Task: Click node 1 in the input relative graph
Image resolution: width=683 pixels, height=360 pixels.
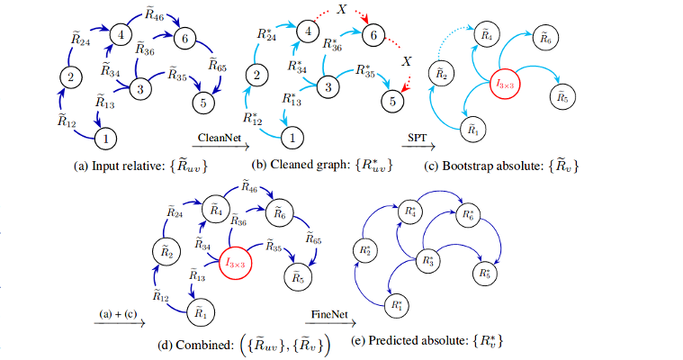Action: tap(107, 139)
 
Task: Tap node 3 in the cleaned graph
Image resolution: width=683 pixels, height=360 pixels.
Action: tap(328, 87)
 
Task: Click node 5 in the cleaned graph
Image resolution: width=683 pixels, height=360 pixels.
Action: tap(391, 103)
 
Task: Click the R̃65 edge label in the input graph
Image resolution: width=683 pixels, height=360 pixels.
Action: tap(217, 66)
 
